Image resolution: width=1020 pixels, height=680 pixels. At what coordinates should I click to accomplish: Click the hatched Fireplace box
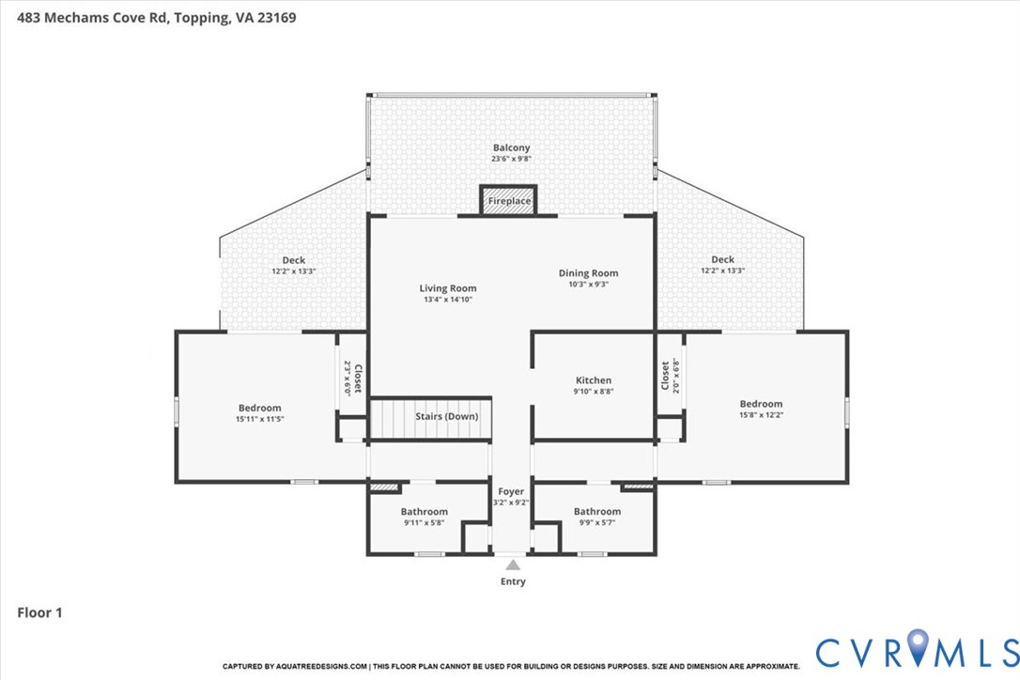point(509,200)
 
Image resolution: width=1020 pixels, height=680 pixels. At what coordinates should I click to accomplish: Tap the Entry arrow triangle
point(513,564)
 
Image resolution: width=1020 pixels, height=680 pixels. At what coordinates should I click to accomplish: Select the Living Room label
point(448,288)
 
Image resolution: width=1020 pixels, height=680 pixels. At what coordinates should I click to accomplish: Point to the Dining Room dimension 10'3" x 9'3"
point(589,285)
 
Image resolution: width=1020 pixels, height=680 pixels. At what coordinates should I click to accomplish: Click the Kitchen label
point(594,380)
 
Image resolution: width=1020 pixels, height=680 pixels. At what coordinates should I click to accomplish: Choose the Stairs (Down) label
point(447,416)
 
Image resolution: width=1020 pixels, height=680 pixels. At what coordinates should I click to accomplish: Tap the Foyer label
point(511,492)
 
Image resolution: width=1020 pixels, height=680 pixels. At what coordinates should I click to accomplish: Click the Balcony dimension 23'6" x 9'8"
point(511,159)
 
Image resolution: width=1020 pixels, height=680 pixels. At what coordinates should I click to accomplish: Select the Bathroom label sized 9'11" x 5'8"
point(425,512)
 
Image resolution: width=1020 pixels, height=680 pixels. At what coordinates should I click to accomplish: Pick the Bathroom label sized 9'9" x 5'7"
point(597,512)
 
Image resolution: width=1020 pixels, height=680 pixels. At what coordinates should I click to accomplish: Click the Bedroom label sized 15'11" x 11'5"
point(259,408)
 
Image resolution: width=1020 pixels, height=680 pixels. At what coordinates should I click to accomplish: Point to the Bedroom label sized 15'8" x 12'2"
point(761,404)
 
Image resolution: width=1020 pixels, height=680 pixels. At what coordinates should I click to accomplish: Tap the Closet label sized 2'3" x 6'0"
point(358,379)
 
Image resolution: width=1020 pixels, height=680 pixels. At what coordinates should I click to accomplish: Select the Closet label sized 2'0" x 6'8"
point(665,376)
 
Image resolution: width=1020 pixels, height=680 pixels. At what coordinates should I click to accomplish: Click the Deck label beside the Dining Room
point(722,259)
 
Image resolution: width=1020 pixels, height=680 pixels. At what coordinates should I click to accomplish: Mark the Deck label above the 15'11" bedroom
point(294,260)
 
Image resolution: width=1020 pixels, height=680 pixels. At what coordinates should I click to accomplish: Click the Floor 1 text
point(39,612)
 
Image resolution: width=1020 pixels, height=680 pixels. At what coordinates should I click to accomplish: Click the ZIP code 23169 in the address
point(276,18)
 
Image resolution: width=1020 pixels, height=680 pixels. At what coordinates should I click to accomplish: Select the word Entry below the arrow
point(513,581)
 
